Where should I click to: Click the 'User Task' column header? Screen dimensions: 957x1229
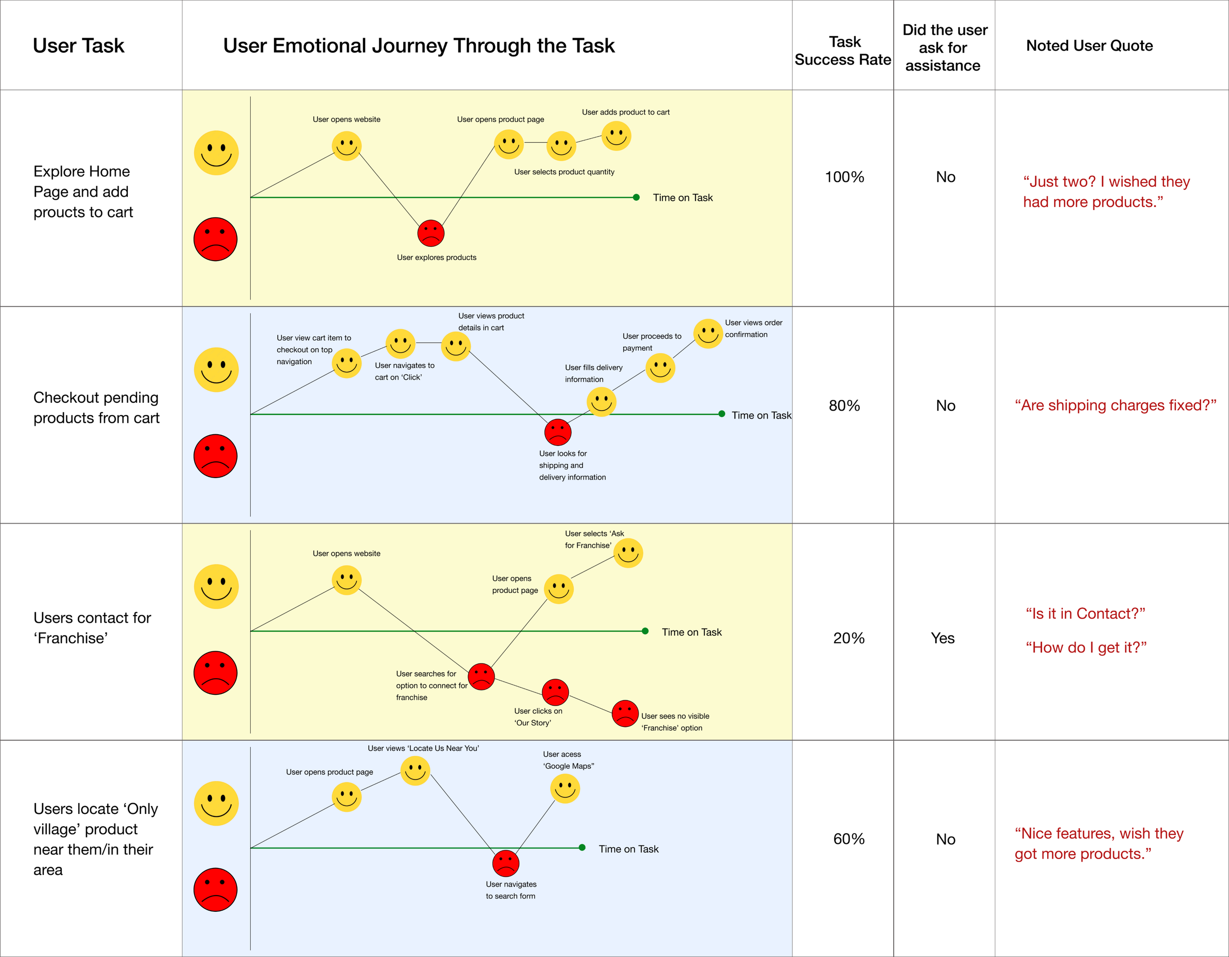[x=78, y=46]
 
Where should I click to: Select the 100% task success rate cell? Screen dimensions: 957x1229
[x=844, y=177]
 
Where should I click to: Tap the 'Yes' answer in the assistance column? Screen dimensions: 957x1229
[x=942, y=638]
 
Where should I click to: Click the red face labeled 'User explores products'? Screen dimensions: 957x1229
[x=431, y=233]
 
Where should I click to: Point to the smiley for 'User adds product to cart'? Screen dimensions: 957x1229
[x=616, y=136]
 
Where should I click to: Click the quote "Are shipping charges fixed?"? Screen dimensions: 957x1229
[x=1115, y=405]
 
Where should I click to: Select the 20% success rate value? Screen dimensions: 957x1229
[x=849, y=638]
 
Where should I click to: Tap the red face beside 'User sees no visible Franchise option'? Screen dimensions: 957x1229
[x=625, y=713]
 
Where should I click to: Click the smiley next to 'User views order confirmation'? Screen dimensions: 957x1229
[x=707, y=333]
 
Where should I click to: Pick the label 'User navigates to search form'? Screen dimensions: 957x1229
[x=511, y=890]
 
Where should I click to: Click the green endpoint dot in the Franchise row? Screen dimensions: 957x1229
[x=645, y=631]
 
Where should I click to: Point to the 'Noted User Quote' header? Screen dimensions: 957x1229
[x=1089, y=46]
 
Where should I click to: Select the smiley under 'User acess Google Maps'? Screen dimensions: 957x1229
[x=565, y=788]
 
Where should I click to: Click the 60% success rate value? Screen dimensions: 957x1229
[x=849, y=839]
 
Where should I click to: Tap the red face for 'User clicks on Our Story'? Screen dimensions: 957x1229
[x=556, y=692]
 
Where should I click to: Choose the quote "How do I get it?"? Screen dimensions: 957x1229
[x=1086, y=647]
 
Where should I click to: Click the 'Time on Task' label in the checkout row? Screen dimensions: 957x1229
[x=761, y=415]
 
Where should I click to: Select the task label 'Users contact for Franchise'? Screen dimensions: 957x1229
[x=92, y=628]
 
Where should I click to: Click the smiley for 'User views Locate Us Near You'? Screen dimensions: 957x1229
[x=415, y=771]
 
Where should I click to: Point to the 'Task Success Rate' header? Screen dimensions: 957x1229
[x=843, y=51]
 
